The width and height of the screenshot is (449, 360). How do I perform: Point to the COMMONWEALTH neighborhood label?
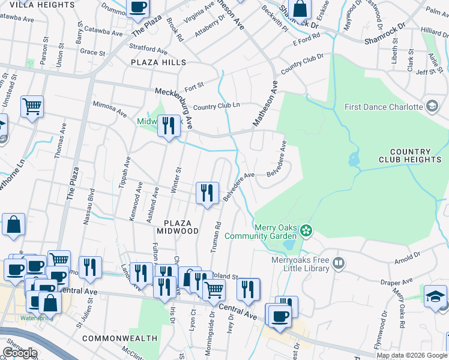click(x=119, y=338)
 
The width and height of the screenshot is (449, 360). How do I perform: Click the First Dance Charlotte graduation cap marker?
click(x=432, y=107)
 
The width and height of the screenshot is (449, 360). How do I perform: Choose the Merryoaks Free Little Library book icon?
click(x=339, y=263)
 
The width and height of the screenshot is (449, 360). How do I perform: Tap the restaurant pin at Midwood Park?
click(x=169, y=126)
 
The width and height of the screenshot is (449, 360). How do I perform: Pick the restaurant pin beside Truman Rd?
click(x=206, y=193)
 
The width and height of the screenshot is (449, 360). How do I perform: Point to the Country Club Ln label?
click(x=216, y=106)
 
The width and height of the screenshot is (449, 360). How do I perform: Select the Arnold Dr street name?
click(x=408, y=257)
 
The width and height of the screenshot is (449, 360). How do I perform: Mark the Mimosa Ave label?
click(x=110, y=108)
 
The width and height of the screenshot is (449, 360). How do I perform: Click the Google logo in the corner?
click(x=20, y=353)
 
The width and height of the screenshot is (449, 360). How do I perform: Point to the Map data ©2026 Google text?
click(x=412, y=355)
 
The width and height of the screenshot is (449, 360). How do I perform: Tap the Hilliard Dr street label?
click(x=435, y=30)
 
